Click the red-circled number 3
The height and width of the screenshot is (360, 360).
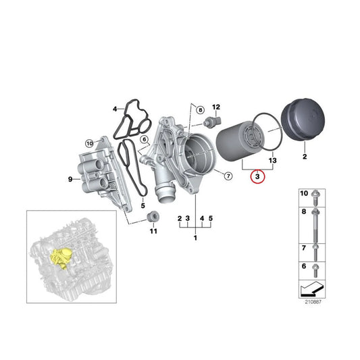click(257, 178)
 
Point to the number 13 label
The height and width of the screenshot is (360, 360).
click(273, 162)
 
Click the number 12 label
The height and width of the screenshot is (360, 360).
click(216, 107)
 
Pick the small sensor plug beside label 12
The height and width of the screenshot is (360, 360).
click(209, 122)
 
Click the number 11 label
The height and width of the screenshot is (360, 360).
click(153, 232)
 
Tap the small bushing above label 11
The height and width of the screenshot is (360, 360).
click(153, 217)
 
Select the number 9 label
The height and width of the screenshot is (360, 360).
click(70, 179)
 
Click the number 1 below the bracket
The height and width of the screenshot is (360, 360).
click(196, 238)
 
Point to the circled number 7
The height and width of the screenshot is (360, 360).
click(228, 177)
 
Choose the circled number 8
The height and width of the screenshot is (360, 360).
click(199, 109)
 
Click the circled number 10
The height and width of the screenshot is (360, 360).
click(88, 143)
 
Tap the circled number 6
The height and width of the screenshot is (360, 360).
click(144, 139)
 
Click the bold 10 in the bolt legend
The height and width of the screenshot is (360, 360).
click(303, 194)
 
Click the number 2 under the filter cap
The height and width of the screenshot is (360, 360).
click(304, 157)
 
